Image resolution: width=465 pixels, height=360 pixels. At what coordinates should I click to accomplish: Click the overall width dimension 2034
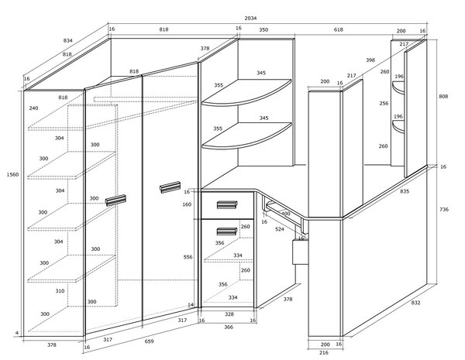pyautogui.click(x=250, y=18)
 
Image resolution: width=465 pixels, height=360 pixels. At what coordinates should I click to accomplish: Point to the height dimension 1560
pyautogui.click(x=12, y=174)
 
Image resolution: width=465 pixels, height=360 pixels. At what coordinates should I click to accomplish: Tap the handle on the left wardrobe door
pyautogui.click(x=115, y=200)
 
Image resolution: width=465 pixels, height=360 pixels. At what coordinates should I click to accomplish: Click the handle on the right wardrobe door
pyautogui.click(x=170, y=187)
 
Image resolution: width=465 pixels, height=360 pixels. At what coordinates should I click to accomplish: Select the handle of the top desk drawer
pyautogui.click(x=227, y=204)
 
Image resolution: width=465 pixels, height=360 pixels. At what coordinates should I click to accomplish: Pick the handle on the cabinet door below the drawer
pyautogui.click(x=227, y=231)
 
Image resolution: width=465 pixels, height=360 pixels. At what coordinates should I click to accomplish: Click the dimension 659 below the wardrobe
pyautogui.click(x=149, y=341)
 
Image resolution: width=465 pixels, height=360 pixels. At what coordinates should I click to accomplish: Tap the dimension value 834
pyautogui.click(x=68, y=40)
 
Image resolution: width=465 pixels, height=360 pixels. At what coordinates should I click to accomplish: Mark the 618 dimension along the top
pyautogui.click(x=339, y=29)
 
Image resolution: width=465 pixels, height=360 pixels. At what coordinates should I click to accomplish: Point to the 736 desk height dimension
pyautogui.click(x=444, y=210)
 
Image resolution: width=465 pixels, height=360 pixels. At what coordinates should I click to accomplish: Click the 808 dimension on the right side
pyautogui.click(x=443, y=96)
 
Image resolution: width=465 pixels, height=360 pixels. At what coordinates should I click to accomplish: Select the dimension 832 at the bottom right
pyautogui.click(x=415, y=303)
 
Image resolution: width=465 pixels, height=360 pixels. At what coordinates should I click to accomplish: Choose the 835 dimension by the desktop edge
pyautogui.click(x=405, y=191)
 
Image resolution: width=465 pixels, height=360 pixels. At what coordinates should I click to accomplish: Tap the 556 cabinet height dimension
pyautogui.click(x=188, y=257)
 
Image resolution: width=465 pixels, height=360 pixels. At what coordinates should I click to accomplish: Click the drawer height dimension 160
pyautogui.click(x=187, y=204)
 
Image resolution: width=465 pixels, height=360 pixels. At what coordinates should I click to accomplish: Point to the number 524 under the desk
pyautogui.click(x=280, y=229)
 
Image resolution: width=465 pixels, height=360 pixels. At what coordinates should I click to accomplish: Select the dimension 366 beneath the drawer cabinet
pyautogui.click(x=229, y=327)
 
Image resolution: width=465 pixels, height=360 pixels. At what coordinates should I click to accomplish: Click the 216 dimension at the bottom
pyautogui.click(x=324, y=352)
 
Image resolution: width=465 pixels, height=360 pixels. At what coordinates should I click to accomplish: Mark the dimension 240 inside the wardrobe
pyautogui.click(x=34, y=108)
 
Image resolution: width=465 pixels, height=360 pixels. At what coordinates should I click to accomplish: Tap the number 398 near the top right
pyautogui.click(x=370, y=60)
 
